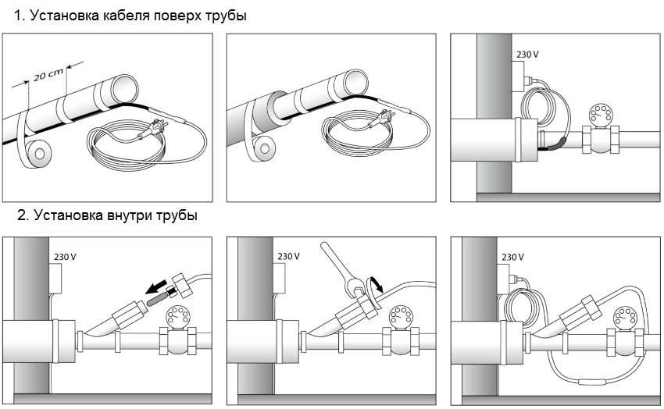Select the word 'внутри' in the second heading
pyautogui.click(x=124, y=215)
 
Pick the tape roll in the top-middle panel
pyautogui.click(x=264, y=147)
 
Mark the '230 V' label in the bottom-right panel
pyautogui.click(x=512, y=256)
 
